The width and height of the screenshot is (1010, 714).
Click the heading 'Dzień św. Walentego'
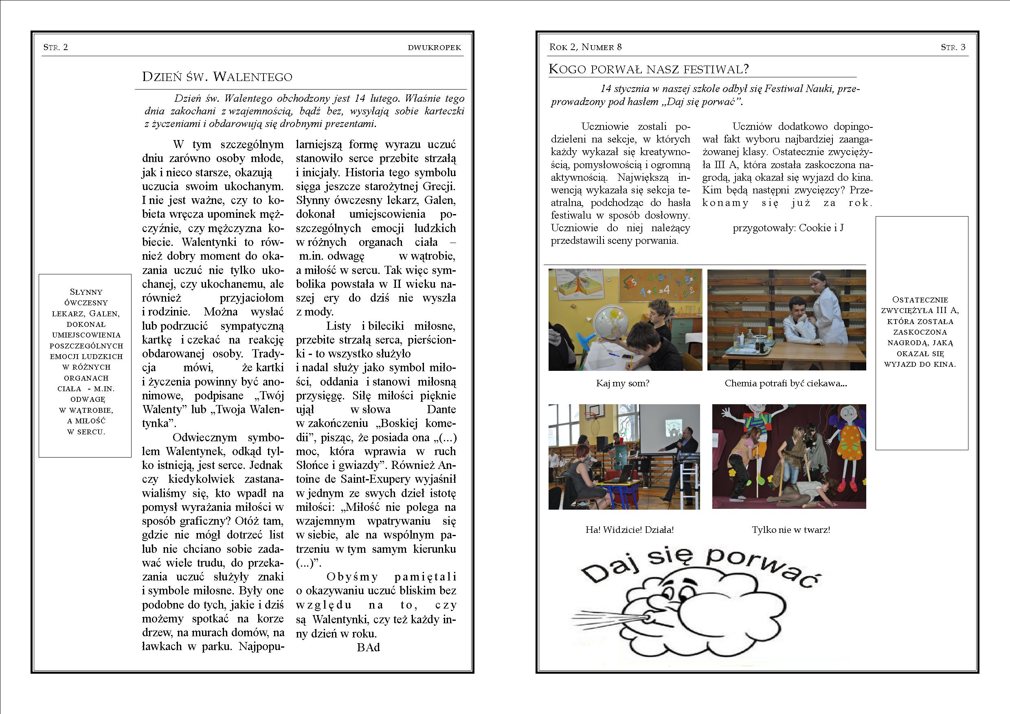217,77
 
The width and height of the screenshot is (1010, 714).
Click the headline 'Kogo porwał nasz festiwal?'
648,69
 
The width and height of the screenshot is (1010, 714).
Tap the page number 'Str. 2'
55,47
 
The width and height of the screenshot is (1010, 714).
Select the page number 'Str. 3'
953,47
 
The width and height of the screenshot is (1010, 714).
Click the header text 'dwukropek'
434,48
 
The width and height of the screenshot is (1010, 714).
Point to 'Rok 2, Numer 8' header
585,47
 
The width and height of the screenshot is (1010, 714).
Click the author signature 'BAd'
368,647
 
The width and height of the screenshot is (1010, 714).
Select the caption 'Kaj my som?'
622,383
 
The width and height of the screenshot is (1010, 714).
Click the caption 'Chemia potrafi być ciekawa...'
786,383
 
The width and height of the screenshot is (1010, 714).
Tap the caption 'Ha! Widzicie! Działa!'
629,530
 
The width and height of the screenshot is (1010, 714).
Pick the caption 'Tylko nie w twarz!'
791,530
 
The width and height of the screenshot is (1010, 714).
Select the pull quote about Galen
86,361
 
